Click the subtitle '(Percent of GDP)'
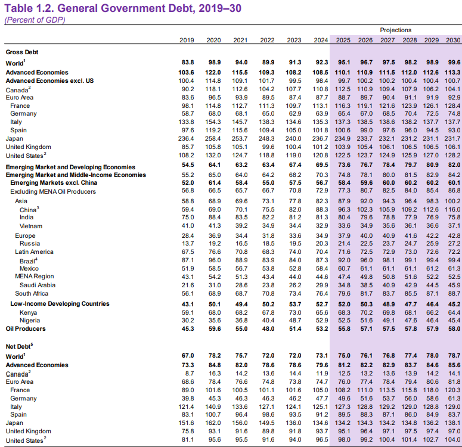pos(35,20)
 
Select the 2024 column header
pos(320,40)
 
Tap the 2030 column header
pos(452,40)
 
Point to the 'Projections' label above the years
pos(396,30)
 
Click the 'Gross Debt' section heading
pos(23,52)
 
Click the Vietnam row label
pos(31,226)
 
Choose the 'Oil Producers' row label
pos(26,328)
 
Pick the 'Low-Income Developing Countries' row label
pos(60,304)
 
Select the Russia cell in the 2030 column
pos(452,243)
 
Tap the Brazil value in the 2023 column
pos(294,260)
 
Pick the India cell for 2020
pos(213,218)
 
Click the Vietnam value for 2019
pos(187,226)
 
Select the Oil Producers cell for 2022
pos(267,328)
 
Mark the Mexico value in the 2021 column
pos(240,268)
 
